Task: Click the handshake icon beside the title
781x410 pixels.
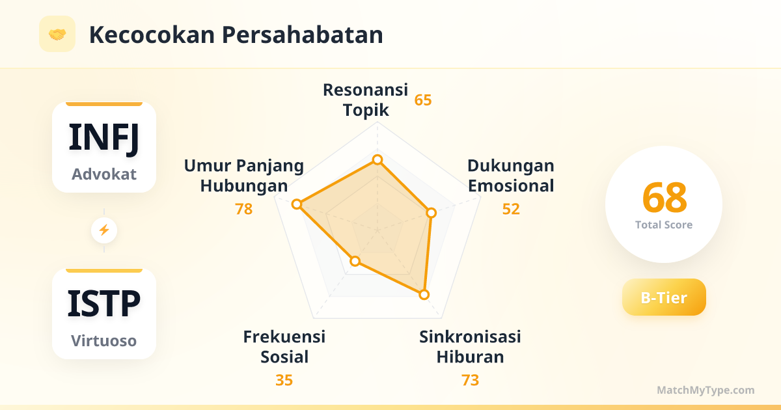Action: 57,34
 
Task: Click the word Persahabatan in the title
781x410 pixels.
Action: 302,35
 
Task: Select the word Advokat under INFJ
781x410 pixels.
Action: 104,174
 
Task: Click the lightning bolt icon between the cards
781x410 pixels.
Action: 104,230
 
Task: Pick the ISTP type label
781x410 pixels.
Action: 104,304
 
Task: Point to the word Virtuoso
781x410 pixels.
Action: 104,340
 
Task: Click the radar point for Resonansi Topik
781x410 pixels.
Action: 377,160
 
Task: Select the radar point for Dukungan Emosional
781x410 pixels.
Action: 432,213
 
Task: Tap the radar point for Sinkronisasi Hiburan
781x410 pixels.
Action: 424,295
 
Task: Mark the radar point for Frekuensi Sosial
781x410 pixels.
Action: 355,261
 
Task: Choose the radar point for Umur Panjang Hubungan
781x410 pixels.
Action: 297,204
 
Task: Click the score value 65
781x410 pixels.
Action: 423,100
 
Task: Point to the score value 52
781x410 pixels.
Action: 511,209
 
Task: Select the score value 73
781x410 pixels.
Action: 470,380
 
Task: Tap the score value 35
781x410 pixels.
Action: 284,380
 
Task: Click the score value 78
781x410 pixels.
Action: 243,209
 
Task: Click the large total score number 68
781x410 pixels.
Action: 665,197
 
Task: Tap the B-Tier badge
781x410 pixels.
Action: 664,297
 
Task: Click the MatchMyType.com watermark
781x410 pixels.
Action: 706,390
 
